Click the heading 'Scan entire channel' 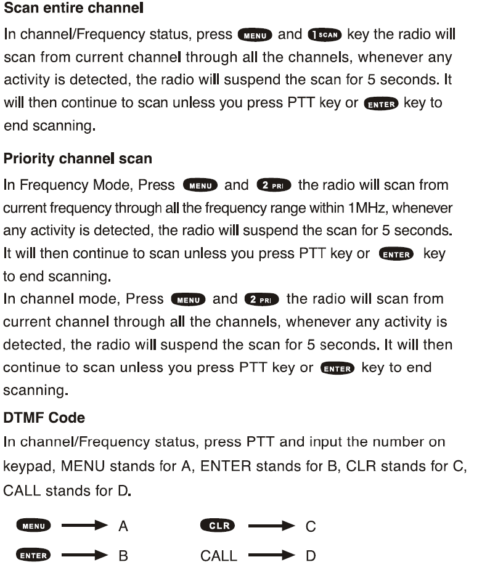click(73, 9)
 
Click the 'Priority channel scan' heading click(78, 158)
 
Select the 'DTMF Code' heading click(44, 418)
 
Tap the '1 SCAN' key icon click(325, 35)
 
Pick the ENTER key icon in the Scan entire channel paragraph click(382, 104)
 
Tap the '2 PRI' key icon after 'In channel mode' click(262, 299)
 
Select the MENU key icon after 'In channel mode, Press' click(189, 299)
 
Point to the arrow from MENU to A click(85, 526)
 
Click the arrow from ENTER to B click(85, 556)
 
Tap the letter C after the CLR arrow click(311, 526)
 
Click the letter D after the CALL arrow click(311, 556)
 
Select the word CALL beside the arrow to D click(218, 556)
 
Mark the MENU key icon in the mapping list click(34, 526)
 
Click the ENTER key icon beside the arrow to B click(34, 556)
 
